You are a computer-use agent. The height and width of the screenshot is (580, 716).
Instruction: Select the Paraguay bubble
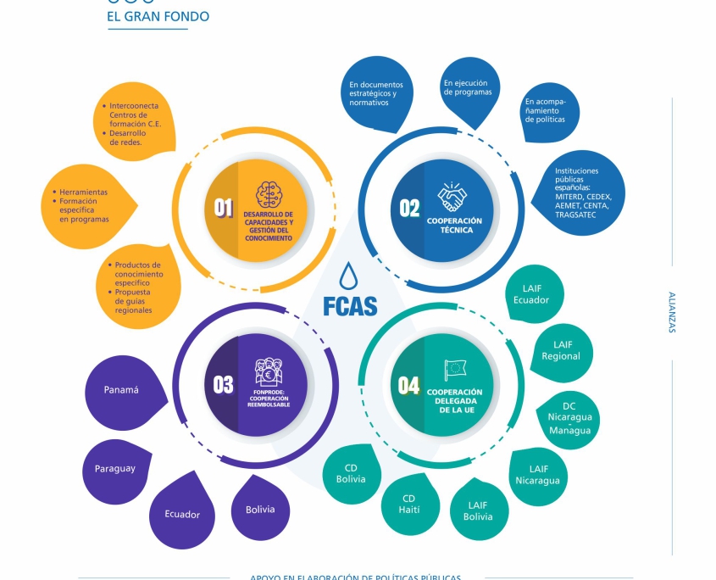click(115, 469)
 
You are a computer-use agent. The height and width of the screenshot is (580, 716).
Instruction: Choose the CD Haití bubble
click(409, 504)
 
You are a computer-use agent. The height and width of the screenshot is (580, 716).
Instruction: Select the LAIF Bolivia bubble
click(478, 510)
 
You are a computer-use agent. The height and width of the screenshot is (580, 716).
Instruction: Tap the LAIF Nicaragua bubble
click(538, 474)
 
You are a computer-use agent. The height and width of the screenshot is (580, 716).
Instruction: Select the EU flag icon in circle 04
click(454, 370)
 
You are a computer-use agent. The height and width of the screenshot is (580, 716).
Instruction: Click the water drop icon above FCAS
click(348, 276)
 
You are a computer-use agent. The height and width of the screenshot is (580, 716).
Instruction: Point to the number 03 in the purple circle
click(223, 385)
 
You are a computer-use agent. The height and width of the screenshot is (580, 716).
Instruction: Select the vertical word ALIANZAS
click(672, 313)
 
